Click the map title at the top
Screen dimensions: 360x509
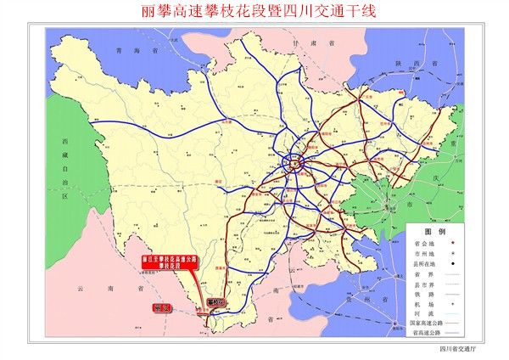(x=256, y=12)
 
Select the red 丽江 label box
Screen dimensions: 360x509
(x=160, y=307)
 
